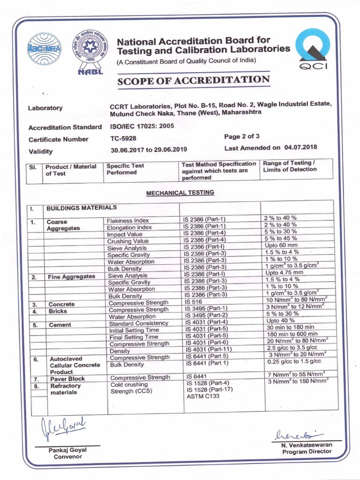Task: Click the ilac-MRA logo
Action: point(45,50)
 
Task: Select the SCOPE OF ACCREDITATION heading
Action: point(193,80)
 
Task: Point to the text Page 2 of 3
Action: point(242,136)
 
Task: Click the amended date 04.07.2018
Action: point(300,147)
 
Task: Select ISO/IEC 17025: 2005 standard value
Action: point(136,127)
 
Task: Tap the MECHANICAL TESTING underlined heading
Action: point(180,193)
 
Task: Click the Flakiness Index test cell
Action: point(128,220)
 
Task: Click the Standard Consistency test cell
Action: point(138,323)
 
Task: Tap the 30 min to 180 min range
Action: point(290,327)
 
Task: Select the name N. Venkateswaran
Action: point(307,444)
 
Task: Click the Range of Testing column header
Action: point(290,166)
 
